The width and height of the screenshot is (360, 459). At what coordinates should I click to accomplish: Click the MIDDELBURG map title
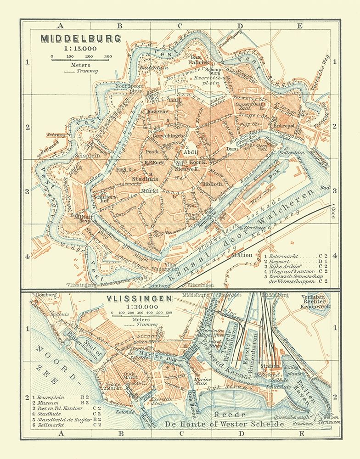coord(81,38)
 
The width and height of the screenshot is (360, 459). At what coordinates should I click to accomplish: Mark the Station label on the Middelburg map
coord(242,255)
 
